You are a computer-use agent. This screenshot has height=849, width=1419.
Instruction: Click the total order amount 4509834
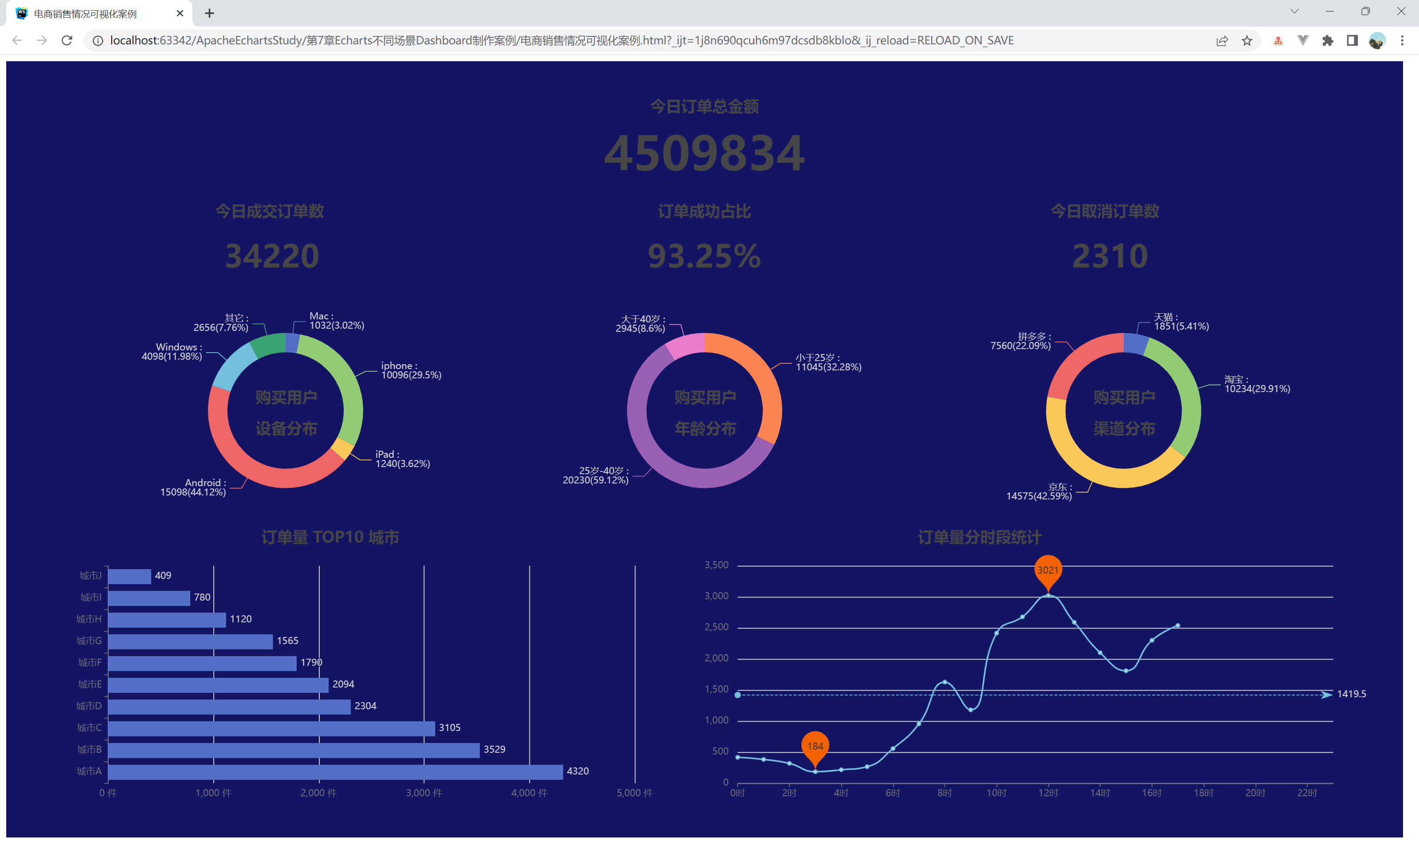tap(704, 153)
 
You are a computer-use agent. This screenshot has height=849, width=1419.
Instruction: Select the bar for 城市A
tap(335, 771)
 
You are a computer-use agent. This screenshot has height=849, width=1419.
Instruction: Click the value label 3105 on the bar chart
tap(450, 728)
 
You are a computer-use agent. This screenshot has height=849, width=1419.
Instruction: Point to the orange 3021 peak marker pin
tap(1047, 570)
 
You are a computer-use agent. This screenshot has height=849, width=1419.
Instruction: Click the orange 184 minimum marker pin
tap(815, 746)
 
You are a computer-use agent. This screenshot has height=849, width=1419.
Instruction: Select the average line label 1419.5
tap(1351, 694)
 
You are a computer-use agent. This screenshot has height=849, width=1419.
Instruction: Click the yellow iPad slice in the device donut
tap(342, 448)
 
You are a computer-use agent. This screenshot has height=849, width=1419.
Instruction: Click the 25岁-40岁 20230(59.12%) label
tap(596, 476)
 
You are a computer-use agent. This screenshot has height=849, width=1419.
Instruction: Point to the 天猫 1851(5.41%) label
tap(1180, 322)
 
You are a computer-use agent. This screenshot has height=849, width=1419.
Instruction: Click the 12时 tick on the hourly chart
tap(1048, 793)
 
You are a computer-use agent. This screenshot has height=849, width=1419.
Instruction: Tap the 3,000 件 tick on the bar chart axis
tap(424, 793)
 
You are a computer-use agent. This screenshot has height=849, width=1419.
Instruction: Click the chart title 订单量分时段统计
tap(979, 537)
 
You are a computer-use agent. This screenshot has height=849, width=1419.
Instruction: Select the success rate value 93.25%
tap(704, 256)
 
